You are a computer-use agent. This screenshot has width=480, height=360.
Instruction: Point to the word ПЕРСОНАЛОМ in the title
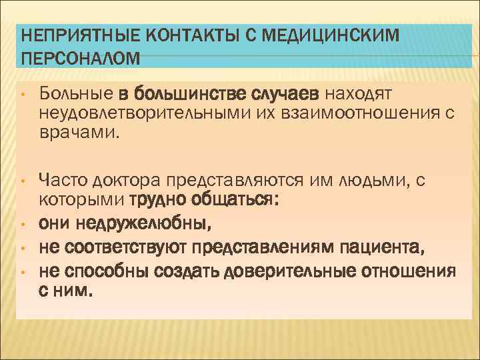click(81, 58)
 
